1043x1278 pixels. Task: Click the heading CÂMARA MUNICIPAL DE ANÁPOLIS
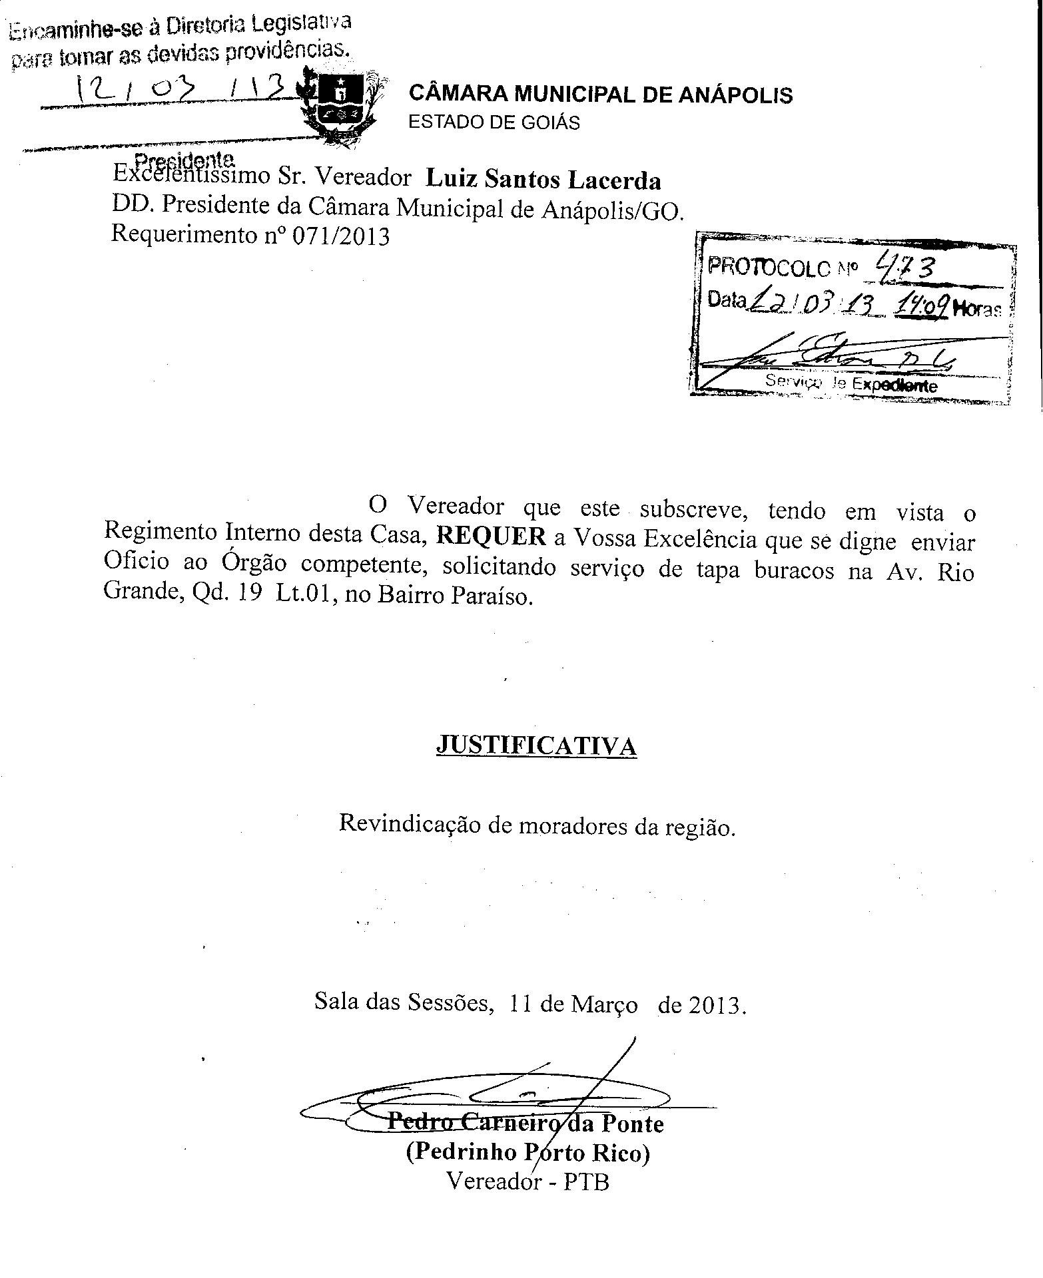click(600, 95)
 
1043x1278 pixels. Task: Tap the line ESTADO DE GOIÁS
click(494, 123)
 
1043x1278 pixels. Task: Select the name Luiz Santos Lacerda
click(543, 180)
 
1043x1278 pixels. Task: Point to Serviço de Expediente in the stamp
click(851, 383)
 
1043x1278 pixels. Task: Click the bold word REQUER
click(491, 536)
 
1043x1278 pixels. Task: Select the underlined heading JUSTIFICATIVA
click(536, 745)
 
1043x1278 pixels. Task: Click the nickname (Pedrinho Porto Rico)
click(527, 1152)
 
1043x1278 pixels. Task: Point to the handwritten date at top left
click(180, 88)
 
